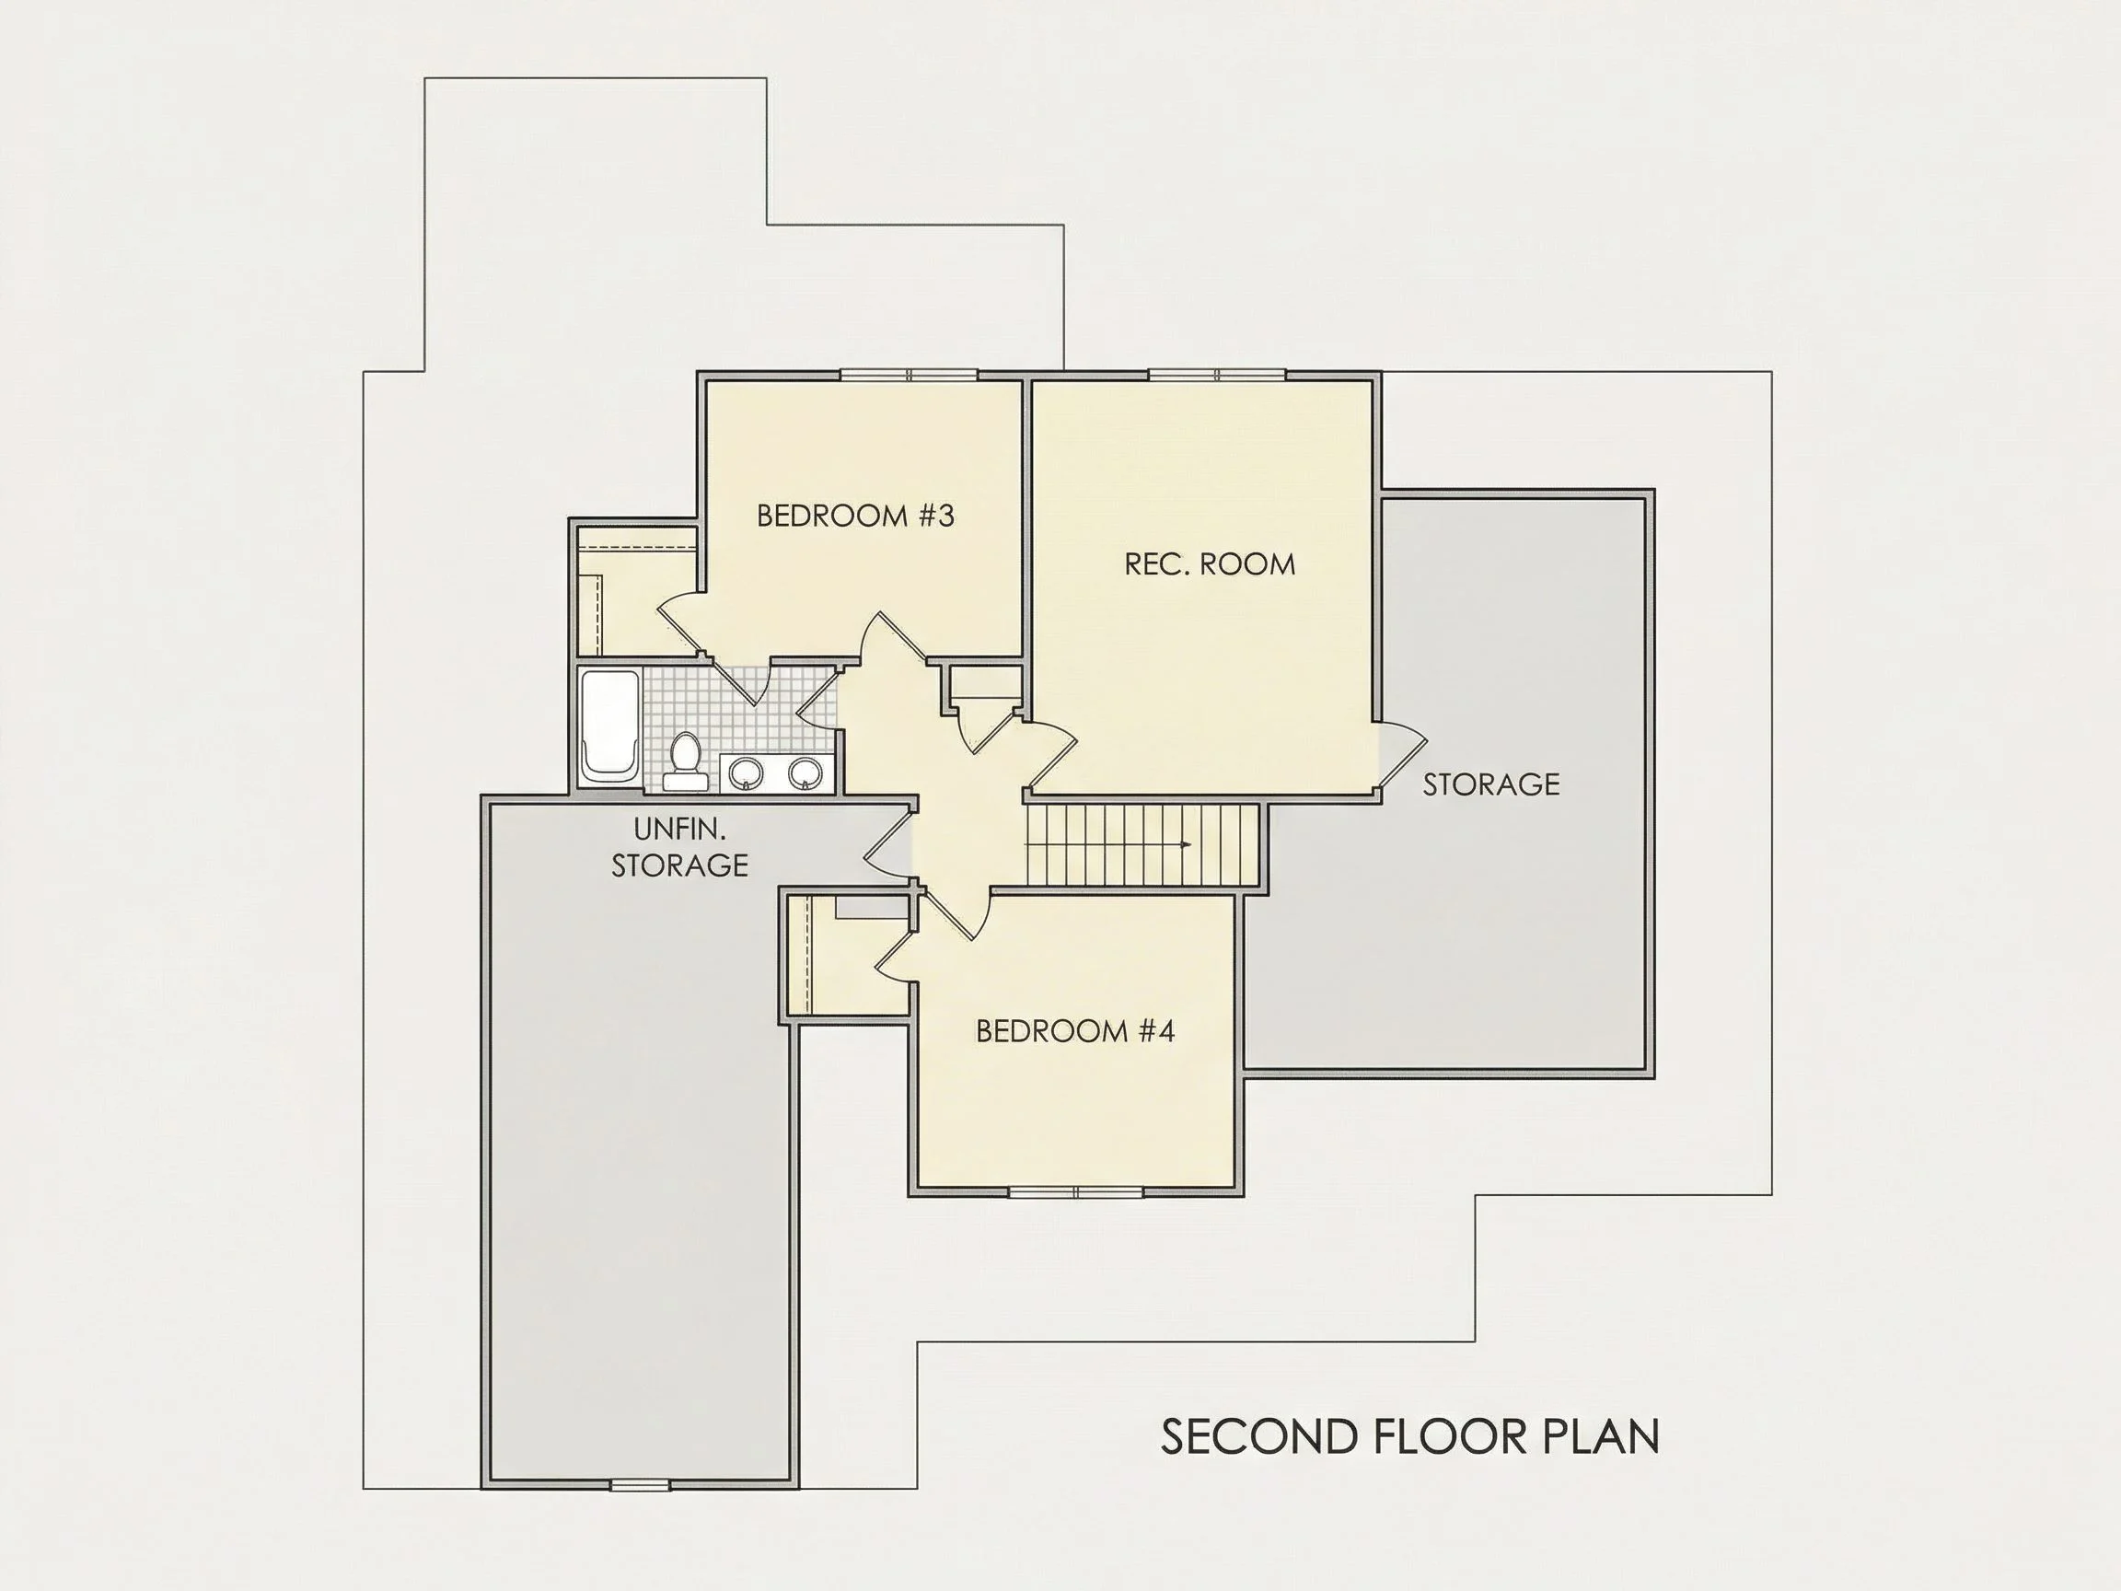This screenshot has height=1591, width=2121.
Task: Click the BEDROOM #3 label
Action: click(x=855, y=516)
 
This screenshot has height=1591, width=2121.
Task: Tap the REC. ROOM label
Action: click(x=1209, y=563)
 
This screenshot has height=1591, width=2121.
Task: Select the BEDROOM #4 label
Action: click(x=1075, y=1031)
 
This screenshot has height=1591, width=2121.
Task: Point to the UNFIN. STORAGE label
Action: click(x=679, y=847)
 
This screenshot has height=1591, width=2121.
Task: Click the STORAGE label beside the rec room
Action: click(x=1491, y=784)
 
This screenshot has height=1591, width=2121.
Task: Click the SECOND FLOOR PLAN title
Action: click(x=1410, y=1435)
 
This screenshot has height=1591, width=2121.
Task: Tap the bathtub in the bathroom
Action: click(x=609, y=727)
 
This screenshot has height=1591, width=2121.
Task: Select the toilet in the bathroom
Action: click(x=685, y=761)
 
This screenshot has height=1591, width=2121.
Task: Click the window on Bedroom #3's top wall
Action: click(x=908, y=375)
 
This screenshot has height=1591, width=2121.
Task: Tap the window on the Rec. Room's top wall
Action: click(x=1217, y=375)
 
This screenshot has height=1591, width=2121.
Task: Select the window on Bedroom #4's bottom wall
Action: click(x=1076, y=1192)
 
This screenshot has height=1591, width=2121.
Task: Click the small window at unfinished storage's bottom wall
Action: click(x=640, y=1485)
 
